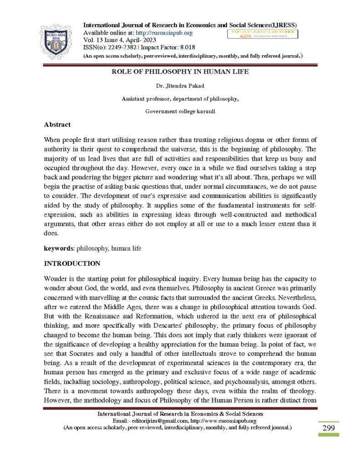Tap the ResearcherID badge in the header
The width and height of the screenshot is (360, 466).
click(262, 34)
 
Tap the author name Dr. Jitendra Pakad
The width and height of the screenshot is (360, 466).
click(180, 86)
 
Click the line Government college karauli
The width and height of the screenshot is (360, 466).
click(180, 111)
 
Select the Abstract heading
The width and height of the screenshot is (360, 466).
click(57, 124)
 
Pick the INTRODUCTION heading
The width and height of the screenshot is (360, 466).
click(72, 263)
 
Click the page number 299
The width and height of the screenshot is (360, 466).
click(328, 428)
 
